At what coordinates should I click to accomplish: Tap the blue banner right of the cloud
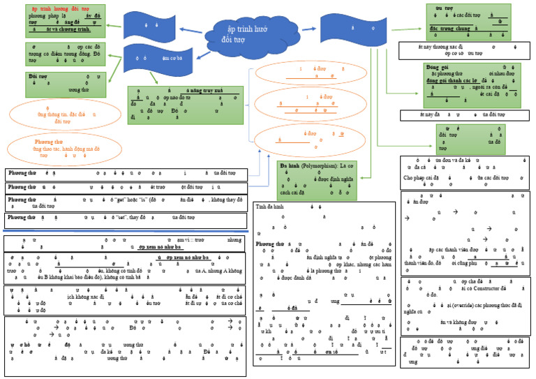point(353,29)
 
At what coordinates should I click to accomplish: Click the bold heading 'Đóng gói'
point(437,66)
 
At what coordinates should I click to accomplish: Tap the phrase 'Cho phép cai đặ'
point(426,177)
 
